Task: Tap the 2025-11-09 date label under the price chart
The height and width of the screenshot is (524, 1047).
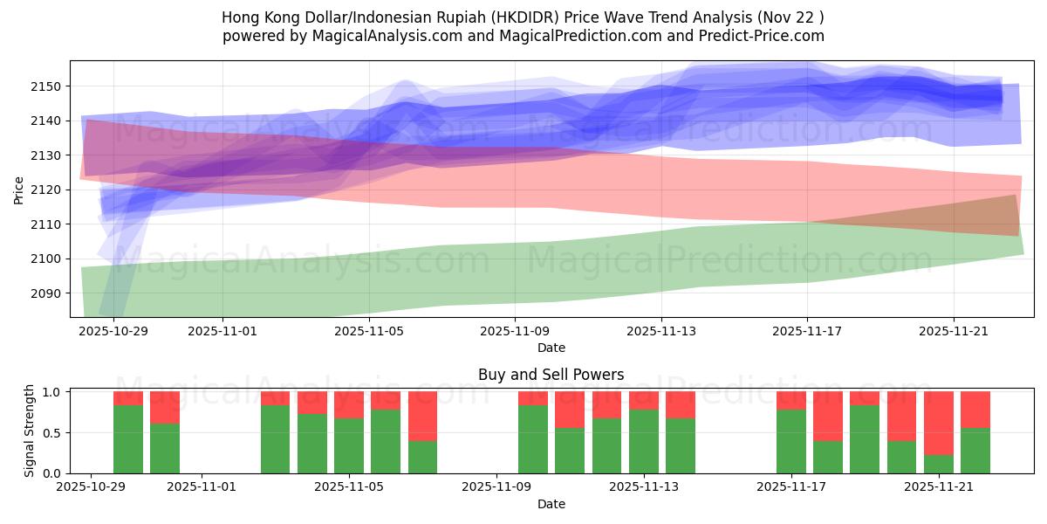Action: point(515,331)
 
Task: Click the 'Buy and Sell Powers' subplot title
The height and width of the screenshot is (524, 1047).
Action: point(551,375)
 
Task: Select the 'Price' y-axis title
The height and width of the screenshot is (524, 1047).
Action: point(19,190)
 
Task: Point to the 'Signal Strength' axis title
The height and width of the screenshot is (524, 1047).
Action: point(29,431)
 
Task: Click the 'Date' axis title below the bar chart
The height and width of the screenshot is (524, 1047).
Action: point(551,504)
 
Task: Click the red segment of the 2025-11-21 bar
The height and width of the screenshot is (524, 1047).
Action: point(939,423)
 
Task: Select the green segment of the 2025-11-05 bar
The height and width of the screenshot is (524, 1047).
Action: point(349,445)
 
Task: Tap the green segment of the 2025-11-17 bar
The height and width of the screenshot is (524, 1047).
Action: point(791,441)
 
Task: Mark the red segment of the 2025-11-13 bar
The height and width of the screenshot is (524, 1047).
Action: point(644,400)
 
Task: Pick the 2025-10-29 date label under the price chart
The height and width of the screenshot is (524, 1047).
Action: point(113,331)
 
